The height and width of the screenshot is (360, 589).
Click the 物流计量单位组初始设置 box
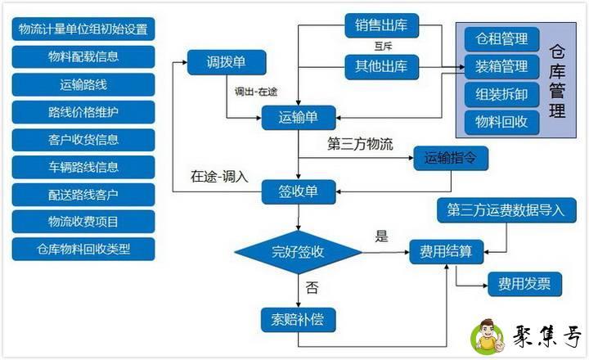(x=83, y=30)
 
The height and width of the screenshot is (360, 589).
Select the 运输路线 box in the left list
(x=83, y=84)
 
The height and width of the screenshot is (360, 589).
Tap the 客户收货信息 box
(x=83, y=139)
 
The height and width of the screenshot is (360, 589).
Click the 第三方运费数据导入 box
(x=506, y=209)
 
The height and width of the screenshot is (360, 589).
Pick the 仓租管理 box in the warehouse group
(x=502, y=38)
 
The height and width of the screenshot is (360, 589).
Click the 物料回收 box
(x=502, y=122)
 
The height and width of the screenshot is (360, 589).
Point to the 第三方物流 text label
(x=360, y=145)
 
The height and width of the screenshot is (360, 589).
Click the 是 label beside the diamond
(x=381, y=236)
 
